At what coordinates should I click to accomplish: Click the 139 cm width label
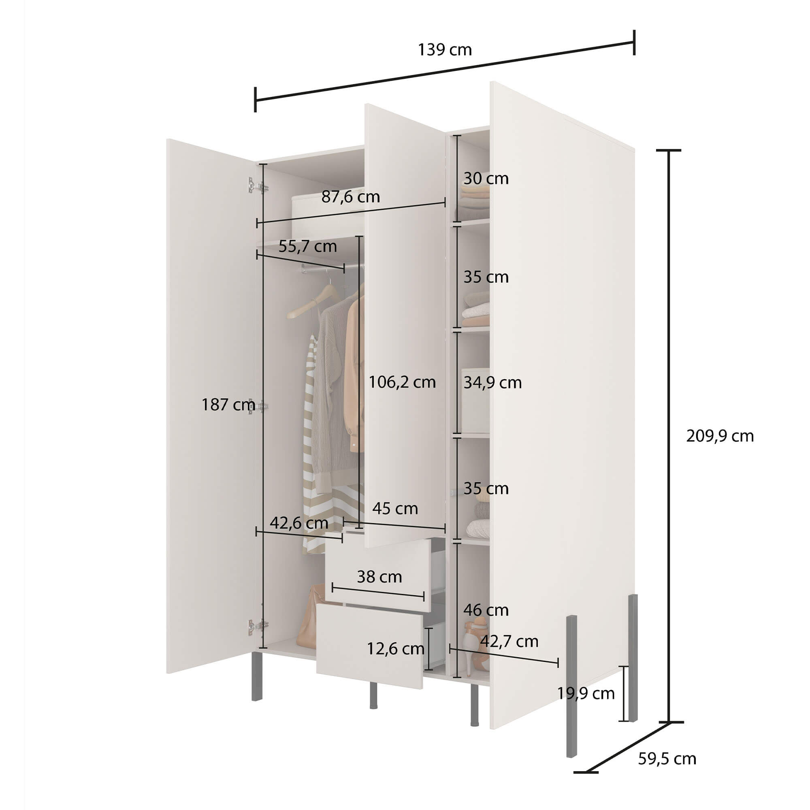tap(444, 50)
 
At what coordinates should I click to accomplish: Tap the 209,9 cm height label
tap(719, 437)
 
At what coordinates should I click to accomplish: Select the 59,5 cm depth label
tap(667, 759)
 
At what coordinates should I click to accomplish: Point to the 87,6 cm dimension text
tap(350, 197)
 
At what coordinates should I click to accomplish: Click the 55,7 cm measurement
tap(307, 247)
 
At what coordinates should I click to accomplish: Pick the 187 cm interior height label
tap(228, 405)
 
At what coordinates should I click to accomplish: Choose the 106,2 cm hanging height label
tap(402, 382)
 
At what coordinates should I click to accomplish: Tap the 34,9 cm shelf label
tap(492, 382)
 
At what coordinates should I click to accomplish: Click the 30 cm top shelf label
tap(486, 179)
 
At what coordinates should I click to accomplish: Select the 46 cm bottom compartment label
tap(486, 610)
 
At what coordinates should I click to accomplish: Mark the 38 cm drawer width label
tap(379, 577)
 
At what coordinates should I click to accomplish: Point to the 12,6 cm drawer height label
tap(395, 649)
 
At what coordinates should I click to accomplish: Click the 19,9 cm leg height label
tap(586, 693)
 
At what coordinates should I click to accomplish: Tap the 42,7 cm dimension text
tap(509, 642)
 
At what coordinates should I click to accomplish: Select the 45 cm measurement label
tap(395, 509)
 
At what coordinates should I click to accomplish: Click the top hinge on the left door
tap(258, 186)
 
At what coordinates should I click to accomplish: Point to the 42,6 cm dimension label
tap(298, 523)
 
